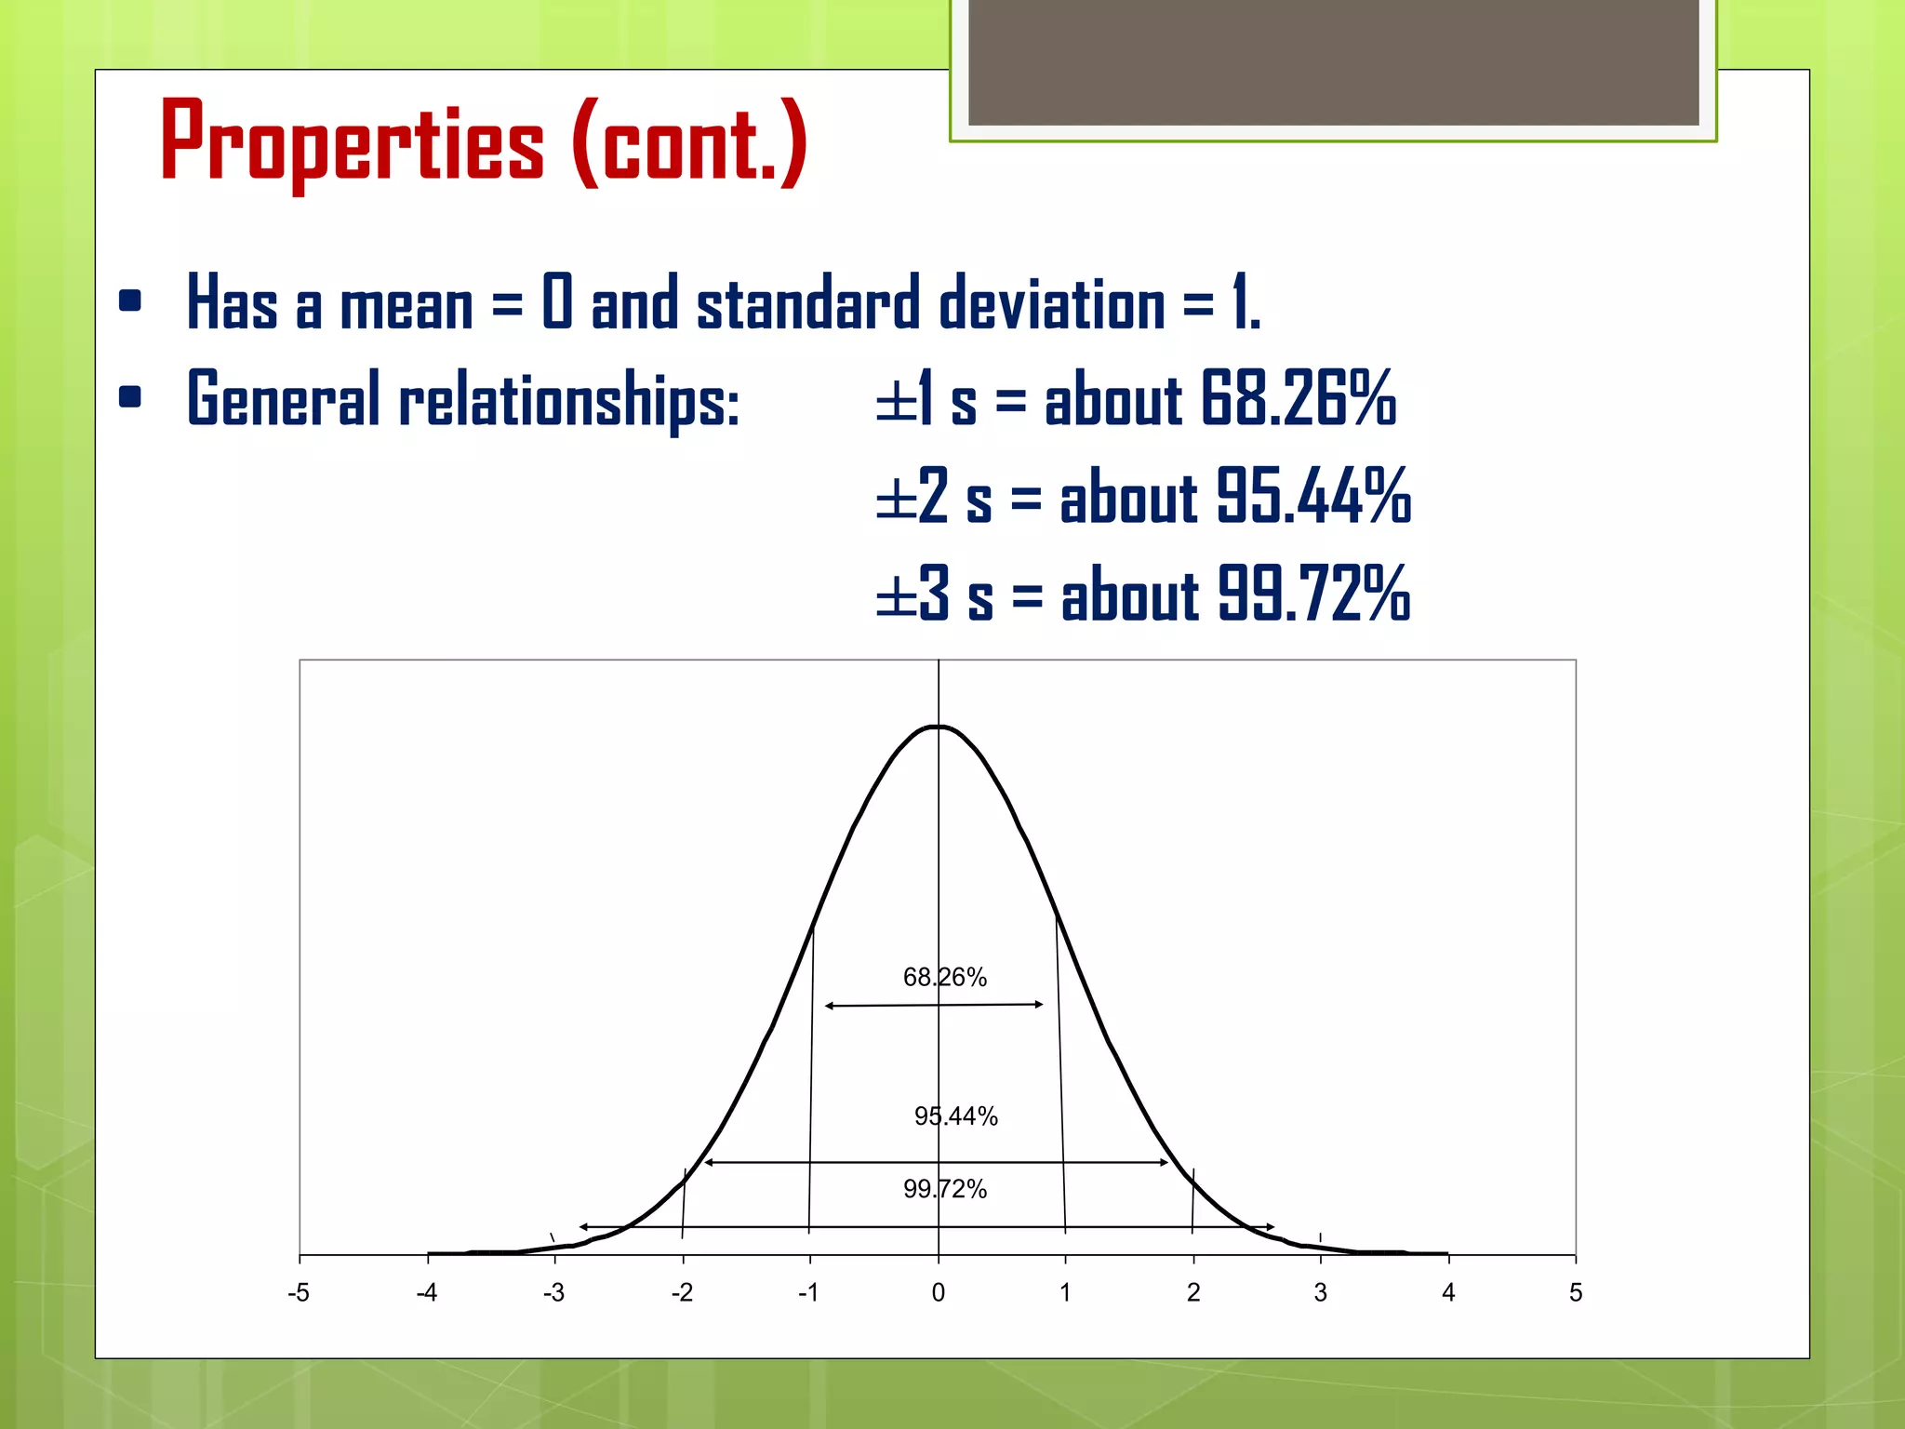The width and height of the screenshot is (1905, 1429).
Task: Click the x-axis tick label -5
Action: [299, 1292]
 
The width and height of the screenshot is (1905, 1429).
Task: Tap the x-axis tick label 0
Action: [938, 1292]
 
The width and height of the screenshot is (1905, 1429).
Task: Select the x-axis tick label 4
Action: [1447, 1292]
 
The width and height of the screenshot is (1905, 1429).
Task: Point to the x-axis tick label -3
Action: [554, 1292]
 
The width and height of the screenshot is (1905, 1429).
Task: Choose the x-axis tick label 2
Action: [1193, 1292]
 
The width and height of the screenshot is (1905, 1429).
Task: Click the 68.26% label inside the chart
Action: [944, 977]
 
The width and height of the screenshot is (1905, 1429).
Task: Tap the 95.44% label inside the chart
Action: [955, 1115]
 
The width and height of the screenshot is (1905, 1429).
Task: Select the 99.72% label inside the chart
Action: [944, 1188]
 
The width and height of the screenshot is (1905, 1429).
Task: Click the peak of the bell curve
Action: [938, 727]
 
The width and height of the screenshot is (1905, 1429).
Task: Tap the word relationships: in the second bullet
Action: [569, 400]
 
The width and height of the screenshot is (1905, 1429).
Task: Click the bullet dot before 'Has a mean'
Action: [130, 300]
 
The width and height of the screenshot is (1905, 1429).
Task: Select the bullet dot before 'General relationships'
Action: [130, 397]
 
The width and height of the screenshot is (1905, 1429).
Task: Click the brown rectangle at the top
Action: [1333, 61]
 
